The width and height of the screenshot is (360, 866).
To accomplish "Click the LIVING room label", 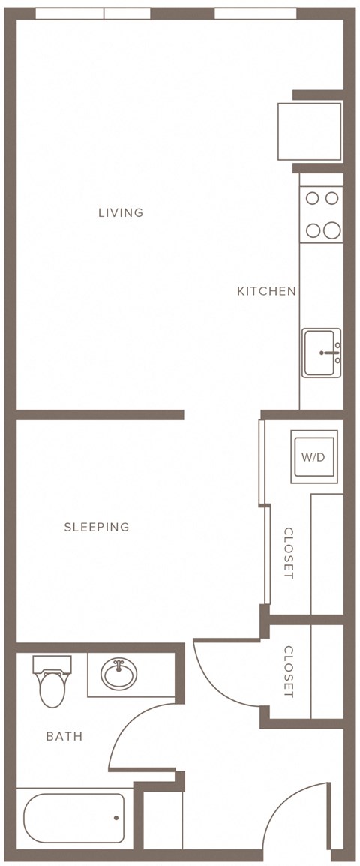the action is click(x=120, y=212).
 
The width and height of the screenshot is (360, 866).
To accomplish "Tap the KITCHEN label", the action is click(x=267, y=291).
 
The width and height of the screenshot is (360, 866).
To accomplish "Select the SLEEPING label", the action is click(x=97, y=527).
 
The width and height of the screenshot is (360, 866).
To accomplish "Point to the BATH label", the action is click(x=64, y=736).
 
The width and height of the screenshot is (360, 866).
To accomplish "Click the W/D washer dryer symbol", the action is click(x=314, y=457).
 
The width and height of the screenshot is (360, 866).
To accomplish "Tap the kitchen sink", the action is click(x=321, y=353).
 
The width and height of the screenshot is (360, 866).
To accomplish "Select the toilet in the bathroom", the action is click(x=52, y=681).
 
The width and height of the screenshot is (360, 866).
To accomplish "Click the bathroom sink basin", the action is click(x=118, y=673).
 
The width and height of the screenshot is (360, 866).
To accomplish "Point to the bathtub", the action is click(x=74, y=818).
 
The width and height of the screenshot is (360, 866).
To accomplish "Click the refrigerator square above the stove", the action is click(x=309, y=131).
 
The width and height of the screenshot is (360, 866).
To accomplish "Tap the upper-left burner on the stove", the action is click(x=313, y=197).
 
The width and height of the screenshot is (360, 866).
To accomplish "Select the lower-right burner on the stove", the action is click(x=331, y=230).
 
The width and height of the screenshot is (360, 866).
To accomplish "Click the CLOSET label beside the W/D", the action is click(x=289, y=553).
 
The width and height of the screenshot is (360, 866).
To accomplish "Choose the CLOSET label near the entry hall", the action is click(x=289, y=671).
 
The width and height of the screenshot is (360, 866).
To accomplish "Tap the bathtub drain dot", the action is click(x=116, y=818).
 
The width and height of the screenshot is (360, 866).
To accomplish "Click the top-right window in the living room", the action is click(x=255, y=14).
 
